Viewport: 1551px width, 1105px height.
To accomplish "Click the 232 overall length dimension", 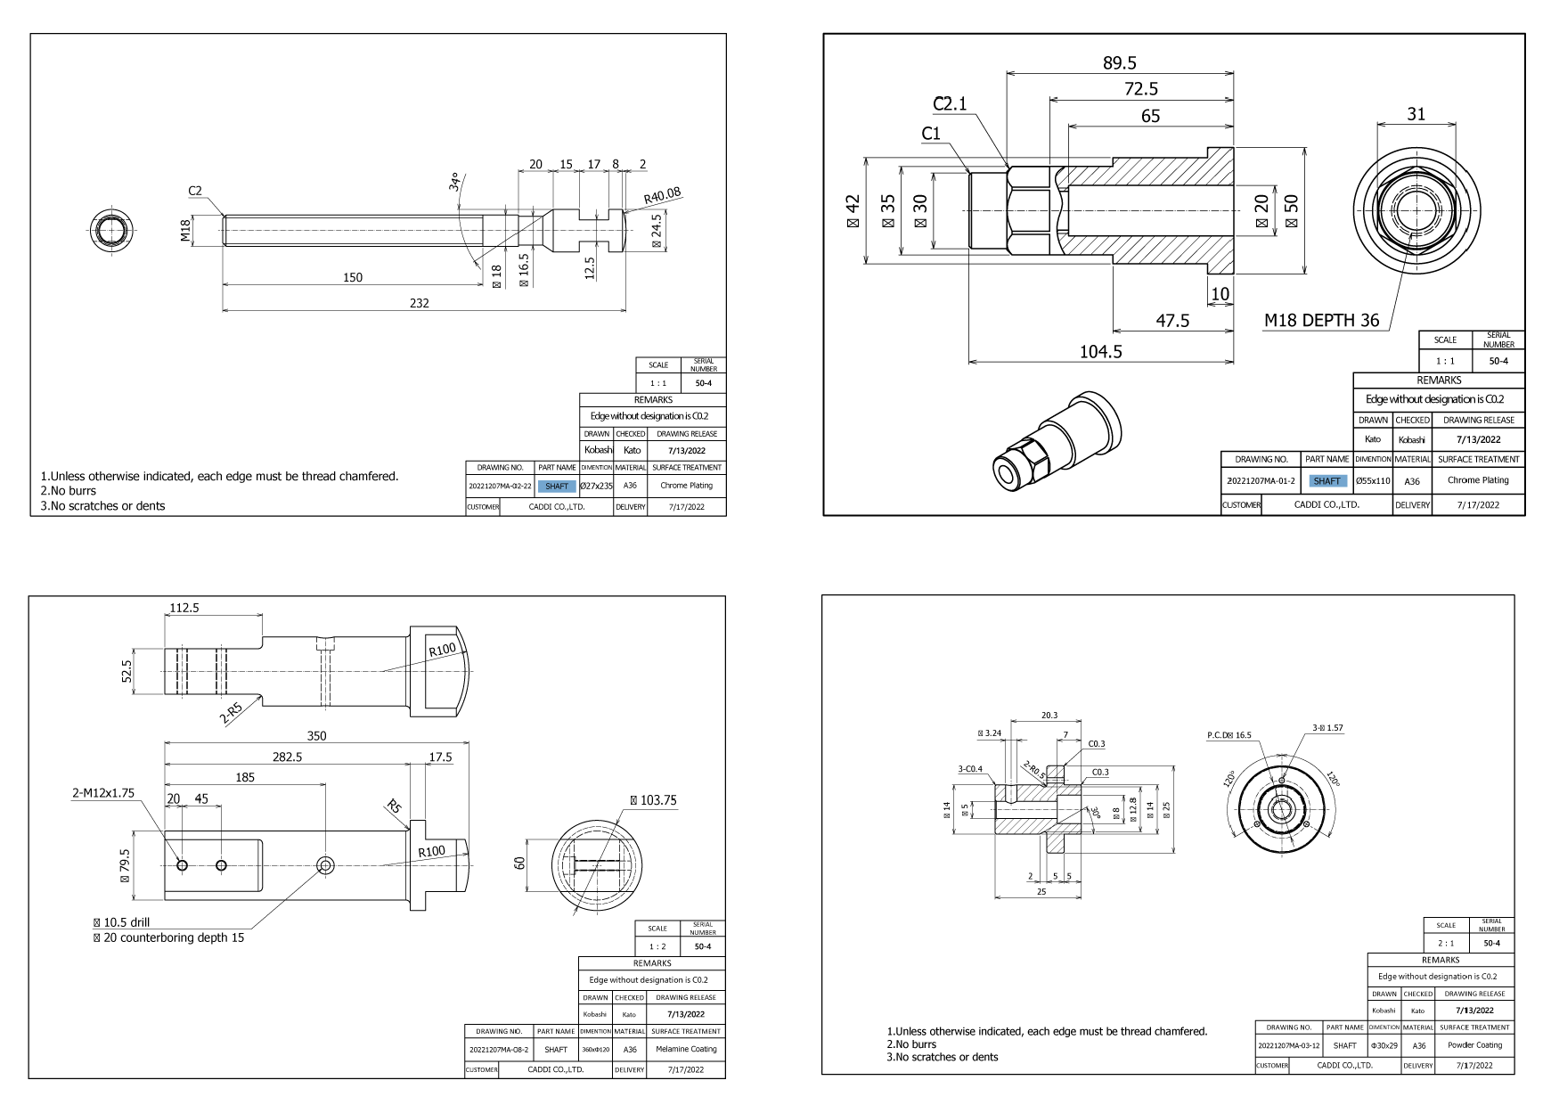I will point(419,303).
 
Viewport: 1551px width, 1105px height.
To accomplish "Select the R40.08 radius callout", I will point(662,194).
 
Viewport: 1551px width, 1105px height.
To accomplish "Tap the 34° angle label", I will point(456,183).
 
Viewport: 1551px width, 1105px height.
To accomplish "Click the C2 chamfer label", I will point(195,191).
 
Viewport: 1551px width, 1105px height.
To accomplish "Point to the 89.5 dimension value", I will point(1120,63).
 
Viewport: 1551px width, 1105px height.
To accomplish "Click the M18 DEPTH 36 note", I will point(1321,320).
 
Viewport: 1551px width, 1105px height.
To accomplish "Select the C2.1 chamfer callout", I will point(950,104).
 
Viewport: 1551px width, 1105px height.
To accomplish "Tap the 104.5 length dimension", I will point(1100,352).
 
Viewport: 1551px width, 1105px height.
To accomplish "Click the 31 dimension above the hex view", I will point(1416,114).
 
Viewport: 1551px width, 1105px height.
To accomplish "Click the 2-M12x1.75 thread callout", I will point(103,792).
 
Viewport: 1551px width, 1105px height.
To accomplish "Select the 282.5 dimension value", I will point(286,757).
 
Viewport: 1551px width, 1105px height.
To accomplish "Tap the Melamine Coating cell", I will point(686,1049).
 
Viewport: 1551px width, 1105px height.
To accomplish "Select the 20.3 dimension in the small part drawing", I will point(1049,715).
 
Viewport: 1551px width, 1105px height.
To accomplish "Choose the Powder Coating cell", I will point(1474,1045).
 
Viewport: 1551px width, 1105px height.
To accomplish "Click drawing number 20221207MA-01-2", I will point(1261,481).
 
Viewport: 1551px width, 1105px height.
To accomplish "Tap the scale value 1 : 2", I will point(657,946).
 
